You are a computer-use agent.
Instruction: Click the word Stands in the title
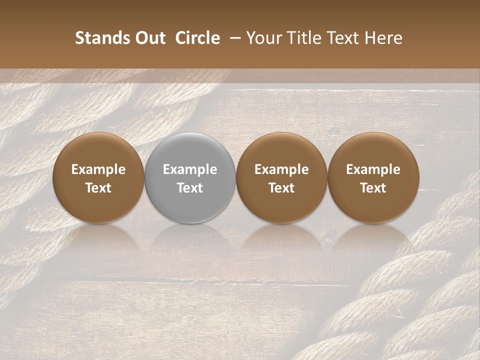click(102, 38)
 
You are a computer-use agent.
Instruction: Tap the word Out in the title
click(149, 38)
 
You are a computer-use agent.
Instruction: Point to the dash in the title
click(233, 38)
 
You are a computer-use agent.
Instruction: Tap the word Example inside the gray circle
click(190, 169)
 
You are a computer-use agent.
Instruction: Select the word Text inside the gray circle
click(190, 188)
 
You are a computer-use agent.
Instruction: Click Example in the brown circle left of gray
click(98, 169)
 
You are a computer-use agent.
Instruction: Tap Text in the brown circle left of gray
click(98, 188)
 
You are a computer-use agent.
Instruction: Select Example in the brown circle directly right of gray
click(281, 169)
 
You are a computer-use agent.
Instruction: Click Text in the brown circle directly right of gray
click(281, 188)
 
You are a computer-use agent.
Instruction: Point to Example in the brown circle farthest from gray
click(373, 169)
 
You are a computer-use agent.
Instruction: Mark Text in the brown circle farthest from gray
click(373, 188)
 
